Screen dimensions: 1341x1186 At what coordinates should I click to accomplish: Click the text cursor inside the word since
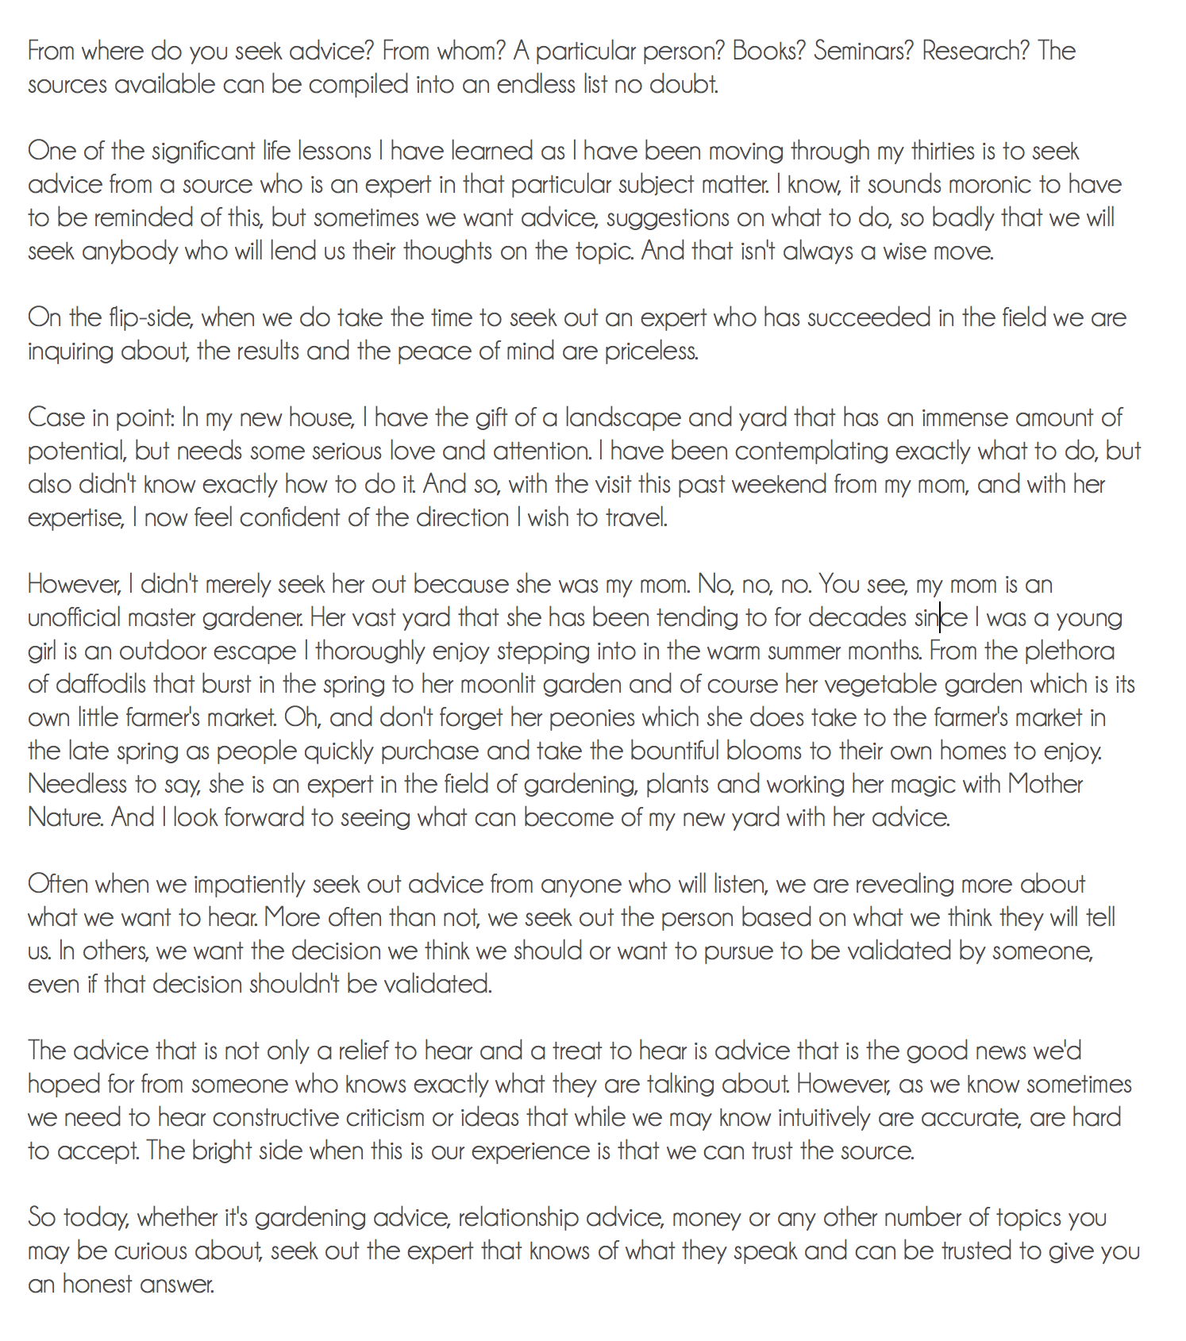940,617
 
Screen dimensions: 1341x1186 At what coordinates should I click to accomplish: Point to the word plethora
1069,651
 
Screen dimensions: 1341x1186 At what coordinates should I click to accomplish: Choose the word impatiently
249,884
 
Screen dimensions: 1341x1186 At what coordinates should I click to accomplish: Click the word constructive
275,1117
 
